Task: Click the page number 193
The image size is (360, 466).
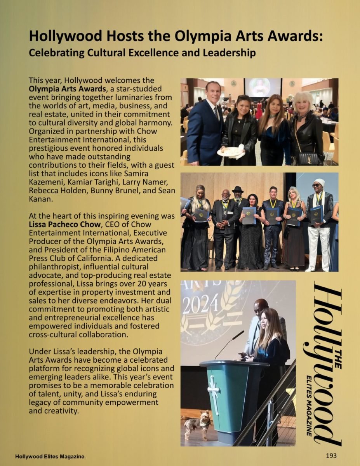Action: click(331, 456)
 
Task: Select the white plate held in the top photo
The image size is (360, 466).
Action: click(230, 151)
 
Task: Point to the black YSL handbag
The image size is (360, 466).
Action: click(309, 158)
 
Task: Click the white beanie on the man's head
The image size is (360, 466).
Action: click(320, 182)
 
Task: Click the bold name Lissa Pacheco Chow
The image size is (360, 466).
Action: click(66, 224)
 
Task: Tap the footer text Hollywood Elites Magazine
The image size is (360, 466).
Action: click(50, 456)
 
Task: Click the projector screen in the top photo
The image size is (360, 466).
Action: click(262, 87)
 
